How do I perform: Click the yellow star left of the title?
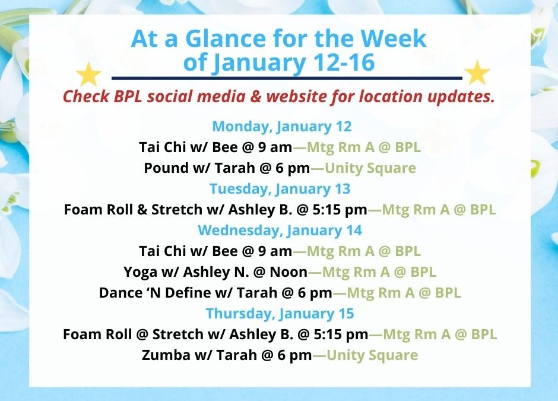click(89, 74)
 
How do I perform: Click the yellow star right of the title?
click(477, 73)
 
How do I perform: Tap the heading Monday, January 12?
click(282, 127)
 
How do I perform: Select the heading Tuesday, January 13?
click(280, 189)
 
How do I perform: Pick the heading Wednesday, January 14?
click(280, 231)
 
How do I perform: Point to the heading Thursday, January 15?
click(280, 314)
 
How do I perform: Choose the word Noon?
click(290, 272)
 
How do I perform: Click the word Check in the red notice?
click(86, 96)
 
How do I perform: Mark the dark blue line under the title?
click(287, 78)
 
